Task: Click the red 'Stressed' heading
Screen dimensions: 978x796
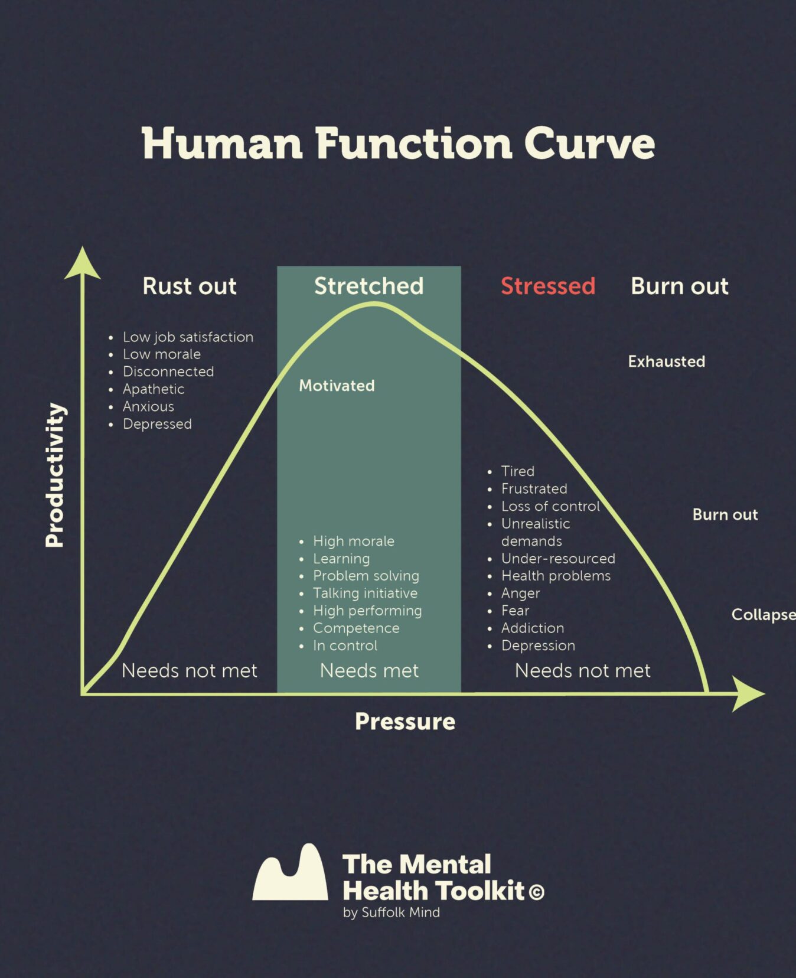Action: point(548,286)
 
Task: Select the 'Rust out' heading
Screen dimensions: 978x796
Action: point(190,286)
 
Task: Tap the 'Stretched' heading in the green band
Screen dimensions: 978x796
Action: point(368,286)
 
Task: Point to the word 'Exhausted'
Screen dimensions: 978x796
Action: point(666,361)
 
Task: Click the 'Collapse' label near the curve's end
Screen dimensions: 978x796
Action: point(763,615)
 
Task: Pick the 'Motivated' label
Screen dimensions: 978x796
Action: point(337,386)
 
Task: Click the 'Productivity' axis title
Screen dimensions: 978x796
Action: point(56,475)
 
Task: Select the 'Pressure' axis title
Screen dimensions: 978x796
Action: point(405,721)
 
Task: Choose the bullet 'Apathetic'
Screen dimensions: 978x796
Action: point(154,389)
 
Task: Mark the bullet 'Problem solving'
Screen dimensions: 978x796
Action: point(366,576)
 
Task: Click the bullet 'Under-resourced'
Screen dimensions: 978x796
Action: point(558,559)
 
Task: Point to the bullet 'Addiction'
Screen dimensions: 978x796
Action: point(533,628)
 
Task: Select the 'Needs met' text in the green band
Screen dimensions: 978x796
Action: point(369,671)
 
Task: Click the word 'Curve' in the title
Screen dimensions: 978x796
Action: point(589,144)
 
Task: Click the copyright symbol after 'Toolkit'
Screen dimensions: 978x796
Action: point(536,892)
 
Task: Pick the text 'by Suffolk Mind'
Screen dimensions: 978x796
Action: point(392,912)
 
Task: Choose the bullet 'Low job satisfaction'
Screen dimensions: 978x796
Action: point(188,337)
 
